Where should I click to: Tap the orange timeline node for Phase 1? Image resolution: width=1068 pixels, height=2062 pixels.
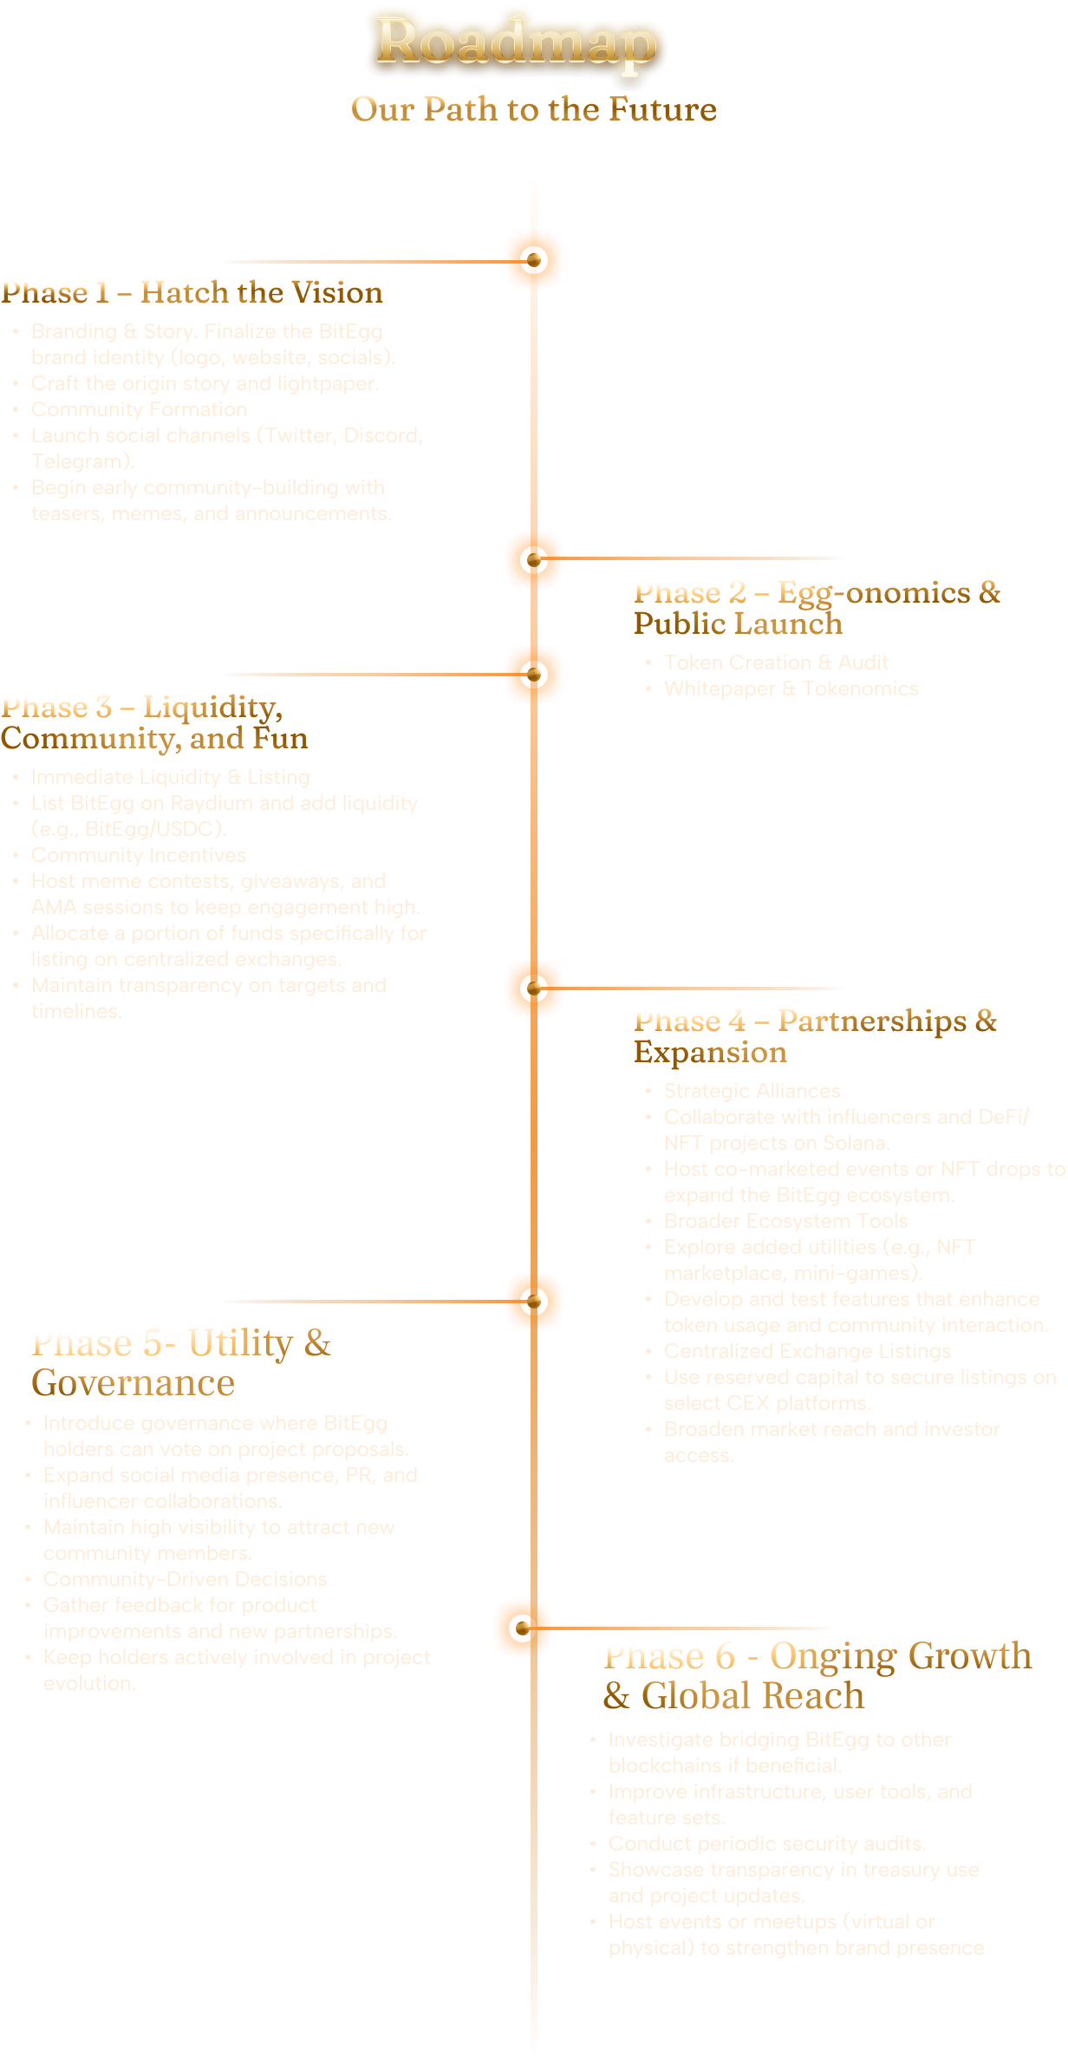pos(534,260)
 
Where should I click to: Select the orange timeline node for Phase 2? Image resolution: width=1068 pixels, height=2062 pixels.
pos(534,559)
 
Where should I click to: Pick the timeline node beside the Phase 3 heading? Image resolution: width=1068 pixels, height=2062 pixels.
pos(534,674)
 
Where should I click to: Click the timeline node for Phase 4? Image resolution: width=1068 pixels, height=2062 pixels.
pos(534,988)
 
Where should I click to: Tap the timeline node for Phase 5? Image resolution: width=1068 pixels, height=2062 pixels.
pos(534,1301)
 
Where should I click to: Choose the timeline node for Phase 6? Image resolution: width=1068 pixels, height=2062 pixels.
pos(523,1628)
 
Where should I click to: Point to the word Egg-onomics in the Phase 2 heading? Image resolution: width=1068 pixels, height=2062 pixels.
pos(874,593)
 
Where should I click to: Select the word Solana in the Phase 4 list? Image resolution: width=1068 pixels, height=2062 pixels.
pos(852,1143)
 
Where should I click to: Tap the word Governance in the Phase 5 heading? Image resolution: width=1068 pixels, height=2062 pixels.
pos(133,1383)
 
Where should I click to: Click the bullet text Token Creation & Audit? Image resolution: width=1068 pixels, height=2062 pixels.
pos(776,662)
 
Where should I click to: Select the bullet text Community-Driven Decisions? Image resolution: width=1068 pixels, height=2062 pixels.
pos(186,1579)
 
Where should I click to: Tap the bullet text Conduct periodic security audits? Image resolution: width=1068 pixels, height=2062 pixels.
pos(767,1843)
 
